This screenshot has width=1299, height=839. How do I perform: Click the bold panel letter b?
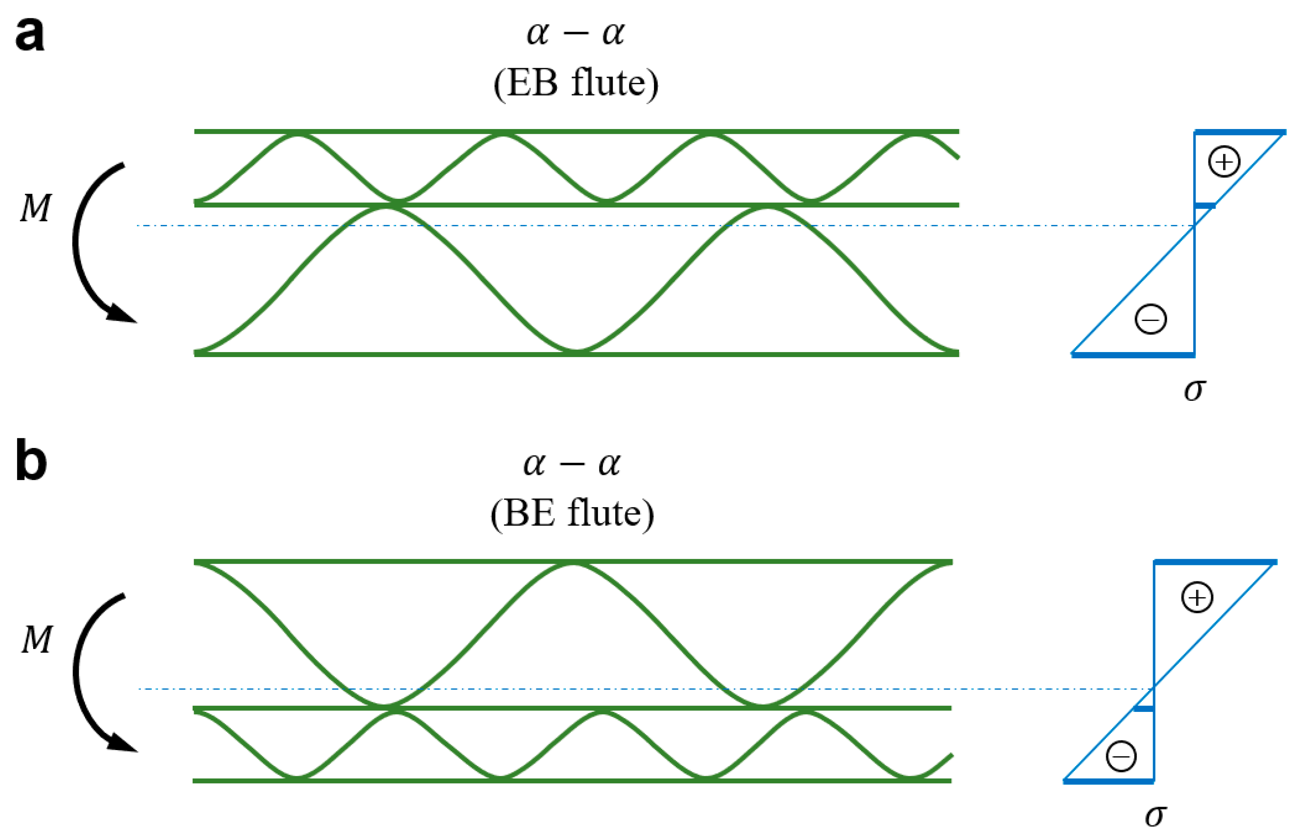pos(31,462)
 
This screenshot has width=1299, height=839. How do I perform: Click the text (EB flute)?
pos(576,83)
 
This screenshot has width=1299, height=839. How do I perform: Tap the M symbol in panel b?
pos(37,639)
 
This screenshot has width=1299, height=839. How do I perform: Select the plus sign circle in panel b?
pos(1197,598)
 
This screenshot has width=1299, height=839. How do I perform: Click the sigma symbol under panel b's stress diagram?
pos(1156,816)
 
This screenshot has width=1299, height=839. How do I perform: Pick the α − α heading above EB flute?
pos(576,34)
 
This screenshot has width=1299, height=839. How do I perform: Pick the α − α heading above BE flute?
pos(572,465)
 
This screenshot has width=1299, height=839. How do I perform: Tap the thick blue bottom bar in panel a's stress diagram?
pos(1133,355)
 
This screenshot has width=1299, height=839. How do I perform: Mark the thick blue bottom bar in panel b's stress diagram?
pos(1109,782)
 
